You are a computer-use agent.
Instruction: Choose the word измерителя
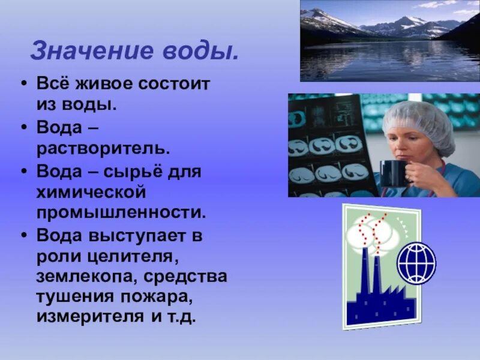88,316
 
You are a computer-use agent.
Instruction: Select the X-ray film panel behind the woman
328,147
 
